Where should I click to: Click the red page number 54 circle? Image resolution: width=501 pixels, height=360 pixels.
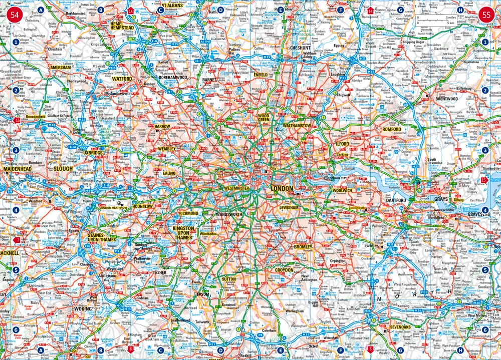[15, 15]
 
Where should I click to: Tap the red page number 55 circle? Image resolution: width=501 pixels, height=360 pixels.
[486, 15]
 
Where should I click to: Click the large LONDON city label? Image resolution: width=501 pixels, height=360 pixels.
[282, 188]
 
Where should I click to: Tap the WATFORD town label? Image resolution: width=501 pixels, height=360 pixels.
[122, 79]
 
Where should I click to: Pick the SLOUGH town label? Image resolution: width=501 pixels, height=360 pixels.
[63, 169]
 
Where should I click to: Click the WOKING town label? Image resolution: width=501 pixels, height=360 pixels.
[83, 309]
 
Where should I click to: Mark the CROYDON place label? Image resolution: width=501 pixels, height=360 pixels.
[284, 270]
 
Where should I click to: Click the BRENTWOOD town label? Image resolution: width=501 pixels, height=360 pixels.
[447, 99]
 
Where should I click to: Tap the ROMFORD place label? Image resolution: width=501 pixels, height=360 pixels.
[392, 129]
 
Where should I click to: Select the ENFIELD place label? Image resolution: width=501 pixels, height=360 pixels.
[261, 75]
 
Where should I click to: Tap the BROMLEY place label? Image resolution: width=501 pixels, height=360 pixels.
[303, 247]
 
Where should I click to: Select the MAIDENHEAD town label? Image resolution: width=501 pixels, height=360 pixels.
[18, 169]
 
